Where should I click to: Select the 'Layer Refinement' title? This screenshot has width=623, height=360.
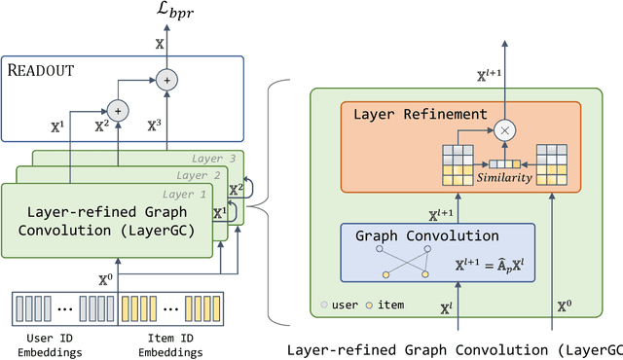[x=419, y=114]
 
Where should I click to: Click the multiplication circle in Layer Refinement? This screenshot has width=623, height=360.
[x=503, y=128]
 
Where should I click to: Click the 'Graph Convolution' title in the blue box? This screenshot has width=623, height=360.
[x=425, y=235]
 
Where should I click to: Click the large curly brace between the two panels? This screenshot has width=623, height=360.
[x=274, y=203]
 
